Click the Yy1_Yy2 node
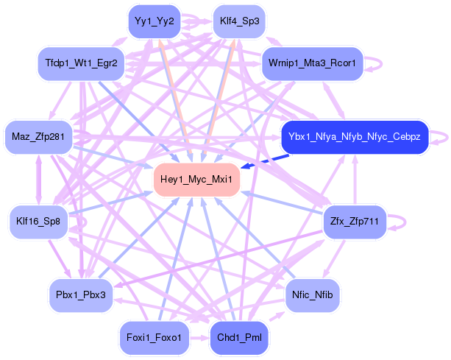click(x=155, y=21)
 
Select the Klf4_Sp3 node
click(x=239, y=21)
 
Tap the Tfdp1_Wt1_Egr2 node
click(x=81, y=63)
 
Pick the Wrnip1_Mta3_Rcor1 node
click(x=313, y=63)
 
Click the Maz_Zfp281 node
click(x=38, y=137)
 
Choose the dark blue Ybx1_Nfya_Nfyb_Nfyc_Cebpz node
click(x=355, y=137)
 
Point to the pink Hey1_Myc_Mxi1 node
click(x=196, y=180)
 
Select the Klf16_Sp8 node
click(x=38, y=222)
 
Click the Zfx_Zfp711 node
click(x=355, y=222)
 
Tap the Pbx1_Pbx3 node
click(x=81, y=295)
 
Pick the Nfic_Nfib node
click(x=313, y=295)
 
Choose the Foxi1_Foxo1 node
click(x=155, y=338)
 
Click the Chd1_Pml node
click(x=239, y=338)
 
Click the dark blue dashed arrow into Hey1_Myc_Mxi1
click(x=265, y=161)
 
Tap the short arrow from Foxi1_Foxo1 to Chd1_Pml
click(x=200, y=338)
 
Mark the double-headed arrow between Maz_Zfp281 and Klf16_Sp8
click(x=38, y=180)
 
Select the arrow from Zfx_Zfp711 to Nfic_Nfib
click(x=334, y=258)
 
